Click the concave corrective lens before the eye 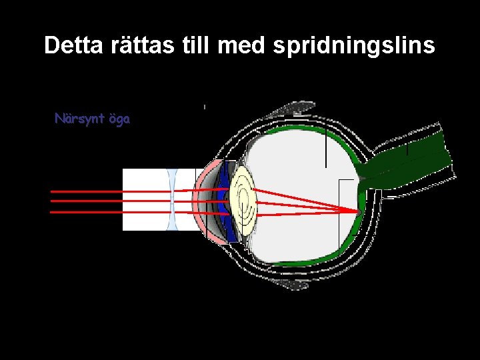coord(173,200)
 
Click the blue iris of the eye coord(229,200)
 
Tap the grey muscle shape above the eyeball coord(293,109)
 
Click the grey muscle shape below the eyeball coord(291,284)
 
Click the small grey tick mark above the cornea coord(204,106)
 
